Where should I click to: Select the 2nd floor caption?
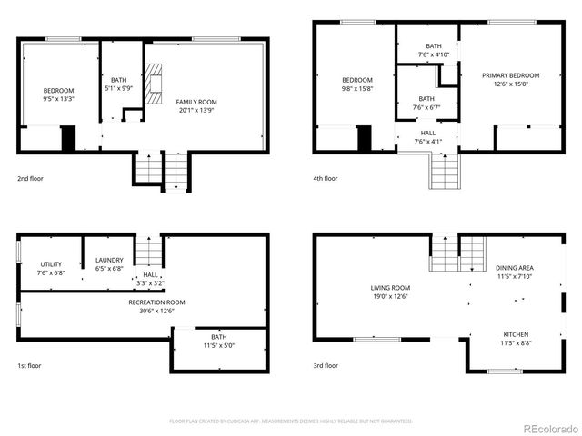(31, 178)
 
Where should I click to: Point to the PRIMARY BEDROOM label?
(510, 75)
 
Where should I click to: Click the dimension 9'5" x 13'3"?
(58, 98)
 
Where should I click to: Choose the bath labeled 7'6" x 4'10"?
(433, 50)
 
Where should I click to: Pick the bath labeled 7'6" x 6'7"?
(426, 103)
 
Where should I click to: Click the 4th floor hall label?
(426, 136)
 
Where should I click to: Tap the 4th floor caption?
(325, 178)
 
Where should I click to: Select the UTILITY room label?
(51, 263)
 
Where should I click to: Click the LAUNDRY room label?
(109, 263)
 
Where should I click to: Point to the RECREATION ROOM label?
(156, 306)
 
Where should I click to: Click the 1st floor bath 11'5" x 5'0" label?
(218, 342)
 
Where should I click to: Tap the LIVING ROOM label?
(388, 291)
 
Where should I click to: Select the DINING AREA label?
(514, 272)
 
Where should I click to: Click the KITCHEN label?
(514, 339)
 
